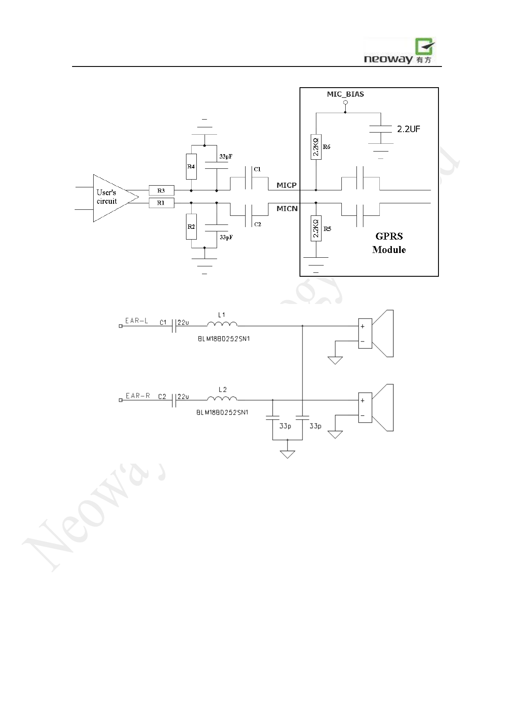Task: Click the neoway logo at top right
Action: (x=399, y=51)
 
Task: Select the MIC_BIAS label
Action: (x=345, y=94)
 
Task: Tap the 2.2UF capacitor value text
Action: (x=408, y=129)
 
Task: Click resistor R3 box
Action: (x=161, y=190)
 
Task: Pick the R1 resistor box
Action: (x=161, y=202)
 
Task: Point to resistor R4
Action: (x=191, y=166)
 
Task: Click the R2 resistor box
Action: (x=191, y=227)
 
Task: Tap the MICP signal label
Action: (x=287, y=185)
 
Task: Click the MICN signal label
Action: (x=287, y=209)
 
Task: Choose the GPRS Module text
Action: (x=389, y=243)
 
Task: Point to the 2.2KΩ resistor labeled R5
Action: (x=316, y=228)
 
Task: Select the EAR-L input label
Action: (x=136, y=321)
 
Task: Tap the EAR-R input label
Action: (x=138, y=395)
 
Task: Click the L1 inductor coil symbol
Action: (x=222, y=324)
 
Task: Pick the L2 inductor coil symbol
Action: (x=222, y=398)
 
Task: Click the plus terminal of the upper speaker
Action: (x=363, y=326)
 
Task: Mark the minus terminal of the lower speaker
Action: (x=363, y=416)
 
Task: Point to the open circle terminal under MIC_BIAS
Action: (x=345, y=102)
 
